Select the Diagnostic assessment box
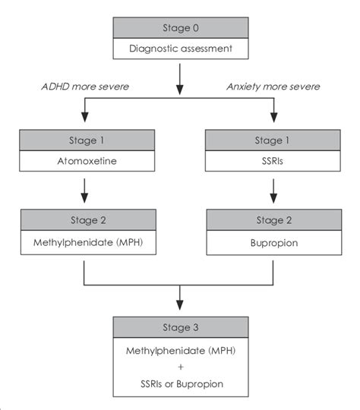point(180,51)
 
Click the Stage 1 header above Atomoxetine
point(83,140)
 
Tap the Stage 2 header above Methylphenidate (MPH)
point(83,220)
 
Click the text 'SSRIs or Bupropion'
point(180,383)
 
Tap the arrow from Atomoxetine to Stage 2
point(83,190)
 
